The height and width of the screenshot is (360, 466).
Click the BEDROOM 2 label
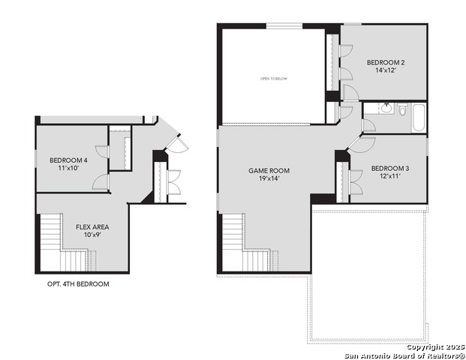pyautogui.click(x=386, y=62)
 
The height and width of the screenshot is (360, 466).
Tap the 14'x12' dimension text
pyautogui.click(x=386, y=71)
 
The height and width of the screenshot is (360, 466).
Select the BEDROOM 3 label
pyautogui.click(x=390, y=167)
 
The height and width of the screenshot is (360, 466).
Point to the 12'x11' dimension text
pyautogui.click(x=390, y=176)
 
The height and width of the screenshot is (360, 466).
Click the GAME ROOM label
pyautogui.click(x=269, y=170)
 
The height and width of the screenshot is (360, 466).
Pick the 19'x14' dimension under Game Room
pyautogui.click(x=269, y=179)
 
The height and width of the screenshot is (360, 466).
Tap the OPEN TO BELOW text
pyautogui.click(x=273, y=78)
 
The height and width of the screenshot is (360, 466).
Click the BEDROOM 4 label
pyautogui.click(x=68, y=160)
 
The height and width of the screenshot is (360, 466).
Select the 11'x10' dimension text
pyautogui.click(x=68, y=169)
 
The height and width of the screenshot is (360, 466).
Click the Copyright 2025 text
pyautogui.click(x=434, y=346)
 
